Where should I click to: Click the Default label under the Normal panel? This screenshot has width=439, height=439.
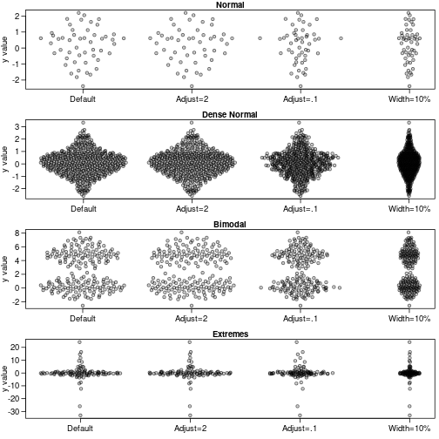[x=83, y=99]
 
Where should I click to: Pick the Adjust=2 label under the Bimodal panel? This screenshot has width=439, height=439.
[x=192, y=319]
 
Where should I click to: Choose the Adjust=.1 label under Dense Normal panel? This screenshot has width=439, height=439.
[x=301, y=209]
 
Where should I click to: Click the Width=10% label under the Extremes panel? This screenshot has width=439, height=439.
[x=409, y=429]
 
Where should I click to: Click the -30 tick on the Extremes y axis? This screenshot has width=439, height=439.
[x=26, y=412]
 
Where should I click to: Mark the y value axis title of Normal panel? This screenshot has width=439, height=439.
[x=7, y=50]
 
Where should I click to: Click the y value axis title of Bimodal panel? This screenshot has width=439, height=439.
[x=7, y=269]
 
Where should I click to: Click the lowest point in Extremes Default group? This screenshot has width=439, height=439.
[x=83, y=415]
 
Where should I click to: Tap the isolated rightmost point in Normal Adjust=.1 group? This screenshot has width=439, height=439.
[x=341, y=38]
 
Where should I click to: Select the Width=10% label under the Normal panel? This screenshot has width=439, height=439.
[x=409, y=99]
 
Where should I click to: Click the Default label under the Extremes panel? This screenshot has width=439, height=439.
[x=83, y=429]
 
